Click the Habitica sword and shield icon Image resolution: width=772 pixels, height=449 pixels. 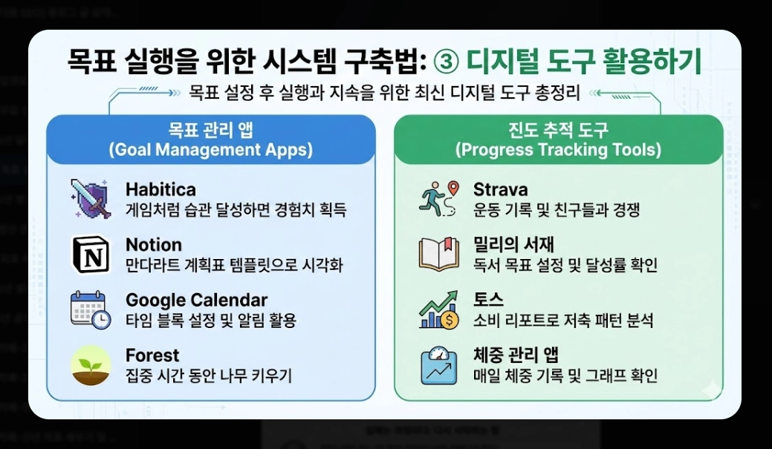coord(91,198)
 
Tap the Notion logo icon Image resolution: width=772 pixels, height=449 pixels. coord(91,254)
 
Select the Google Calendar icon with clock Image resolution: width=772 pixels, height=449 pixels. coord(91,309)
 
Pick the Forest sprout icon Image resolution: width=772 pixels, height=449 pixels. coord(91,366)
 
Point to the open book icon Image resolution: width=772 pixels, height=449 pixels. coord(439,254)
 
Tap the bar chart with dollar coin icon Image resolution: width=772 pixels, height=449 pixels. coord(439,310)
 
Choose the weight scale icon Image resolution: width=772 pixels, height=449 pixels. coord(439,366)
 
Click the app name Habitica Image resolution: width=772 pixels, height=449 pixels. coord(160,190)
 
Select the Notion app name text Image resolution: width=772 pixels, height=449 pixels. coord(153,245)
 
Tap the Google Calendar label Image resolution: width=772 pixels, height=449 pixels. coord(196,301)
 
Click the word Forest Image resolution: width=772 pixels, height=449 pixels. coord(152,355)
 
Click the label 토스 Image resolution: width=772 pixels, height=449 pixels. coord(488,301)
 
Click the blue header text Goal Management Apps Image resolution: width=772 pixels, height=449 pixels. coord(210,150)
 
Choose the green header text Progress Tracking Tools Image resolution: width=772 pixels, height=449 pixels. coord(558,150)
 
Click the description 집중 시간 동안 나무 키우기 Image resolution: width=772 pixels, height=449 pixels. coord(209,376)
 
